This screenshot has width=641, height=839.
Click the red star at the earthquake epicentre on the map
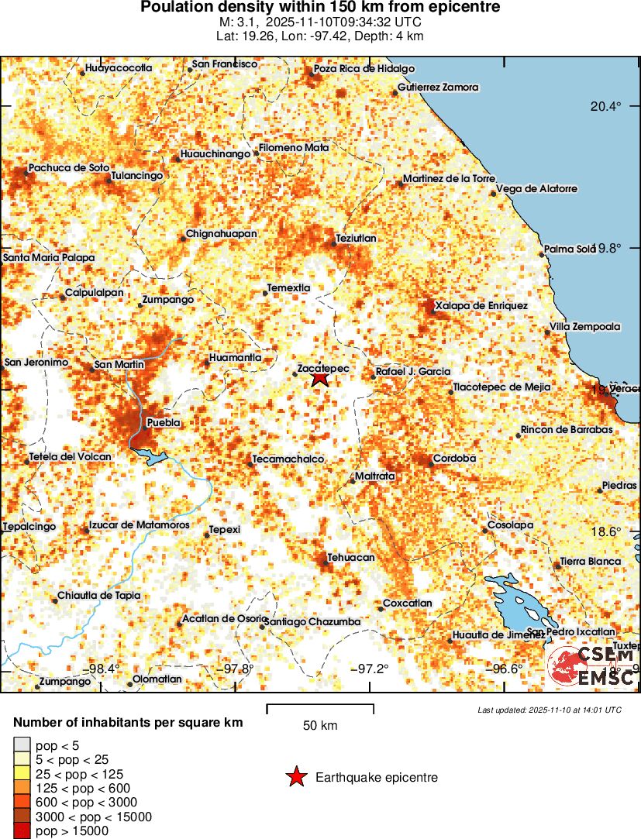[x=320, y=379]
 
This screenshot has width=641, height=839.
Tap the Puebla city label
[x=164, y=423]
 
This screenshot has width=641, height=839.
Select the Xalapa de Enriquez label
[x=481, y=306]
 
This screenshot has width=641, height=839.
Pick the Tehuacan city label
[x=350, y=558]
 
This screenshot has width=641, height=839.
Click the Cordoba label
[x=453, y=458]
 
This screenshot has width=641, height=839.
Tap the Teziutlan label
[x=356, y=238]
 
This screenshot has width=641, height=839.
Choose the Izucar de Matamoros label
[x=139, y=525]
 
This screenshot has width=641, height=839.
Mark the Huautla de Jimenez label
[x=488, y=635]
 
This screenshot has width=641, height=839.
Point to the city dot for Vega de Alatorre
[x=493, y=193]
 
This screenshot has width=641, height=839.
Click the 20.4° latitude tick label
[x=605, y=106]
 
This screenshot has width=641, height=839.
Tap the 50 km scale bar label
[x=319, y=726]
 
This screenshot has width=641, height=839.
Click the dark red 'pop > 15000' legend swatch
[x=22, y=831]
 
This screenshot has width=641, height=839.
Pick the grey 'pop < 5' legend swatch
[x=22, y=745]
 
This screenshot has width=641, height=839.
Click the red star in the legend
[x=296, y=777]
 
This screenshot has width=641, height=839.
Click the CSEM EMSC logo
[x=591, y=667]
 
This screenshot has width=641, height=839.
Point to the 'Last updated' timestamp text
[x=550, y=710]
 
